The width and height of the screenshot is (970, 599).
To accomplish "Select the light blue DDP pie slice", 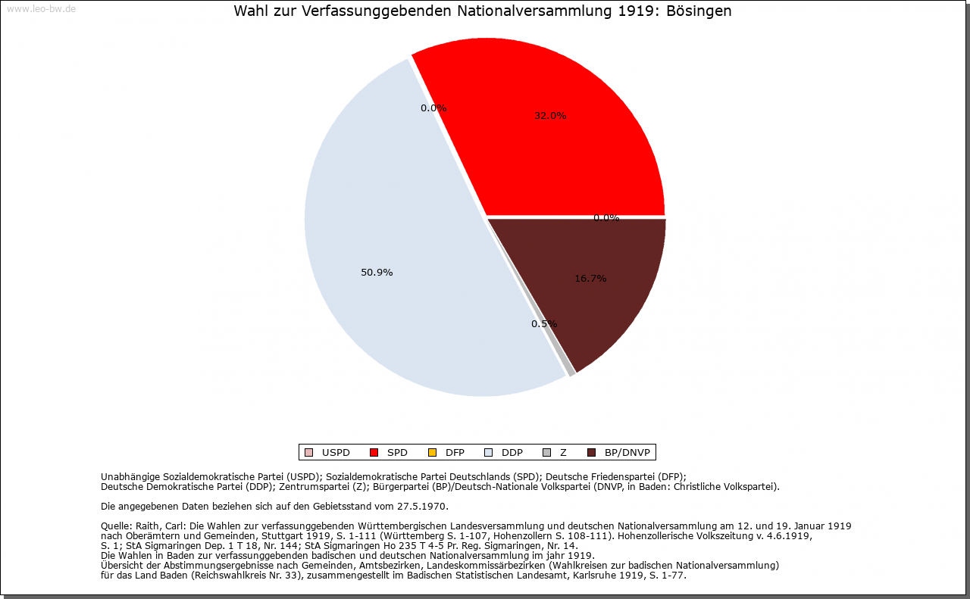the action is pos(390,242).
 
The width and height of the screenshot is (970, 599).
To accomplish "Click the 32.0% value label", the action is pos(550,116).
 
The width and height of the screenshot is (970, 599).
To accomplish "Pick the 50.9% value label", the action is pos(377,272).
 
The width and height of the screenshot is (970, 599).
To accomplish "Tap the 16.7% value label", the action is pos(590,278).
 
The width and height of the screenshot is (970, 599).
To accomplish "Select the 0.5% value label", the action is pos(544,324).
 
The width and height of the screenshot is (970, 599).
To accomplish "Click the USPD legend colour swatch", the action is pos(308,453).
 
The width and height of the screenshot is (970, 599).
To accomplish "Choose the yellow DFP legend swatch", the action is pos(432,453).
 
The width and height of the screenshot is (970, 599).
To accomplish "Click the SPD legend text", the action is pos(397,453).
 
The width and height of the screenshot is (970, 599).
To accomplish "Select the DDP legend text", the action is pos(512,453).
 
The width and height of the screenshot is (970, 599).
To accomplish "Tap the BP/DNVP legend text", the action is pos(627,453).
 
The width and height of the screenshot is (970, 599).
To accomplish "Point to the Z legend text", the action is pos(563,453).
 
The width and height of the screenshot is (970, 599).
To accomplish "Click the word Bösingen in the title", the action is pos(699,11).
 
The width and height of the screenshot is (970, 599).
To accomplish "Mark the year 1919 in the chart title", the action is pos(636,11).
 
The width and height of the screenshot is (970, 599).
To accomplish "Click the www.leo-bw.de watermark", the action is pos(42,8).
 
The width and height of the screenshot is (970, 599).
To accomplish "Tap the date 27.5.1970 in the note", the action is pos(421,507).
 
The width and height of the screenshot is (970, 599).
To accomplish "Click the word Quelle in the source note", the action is pos(117,526).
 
